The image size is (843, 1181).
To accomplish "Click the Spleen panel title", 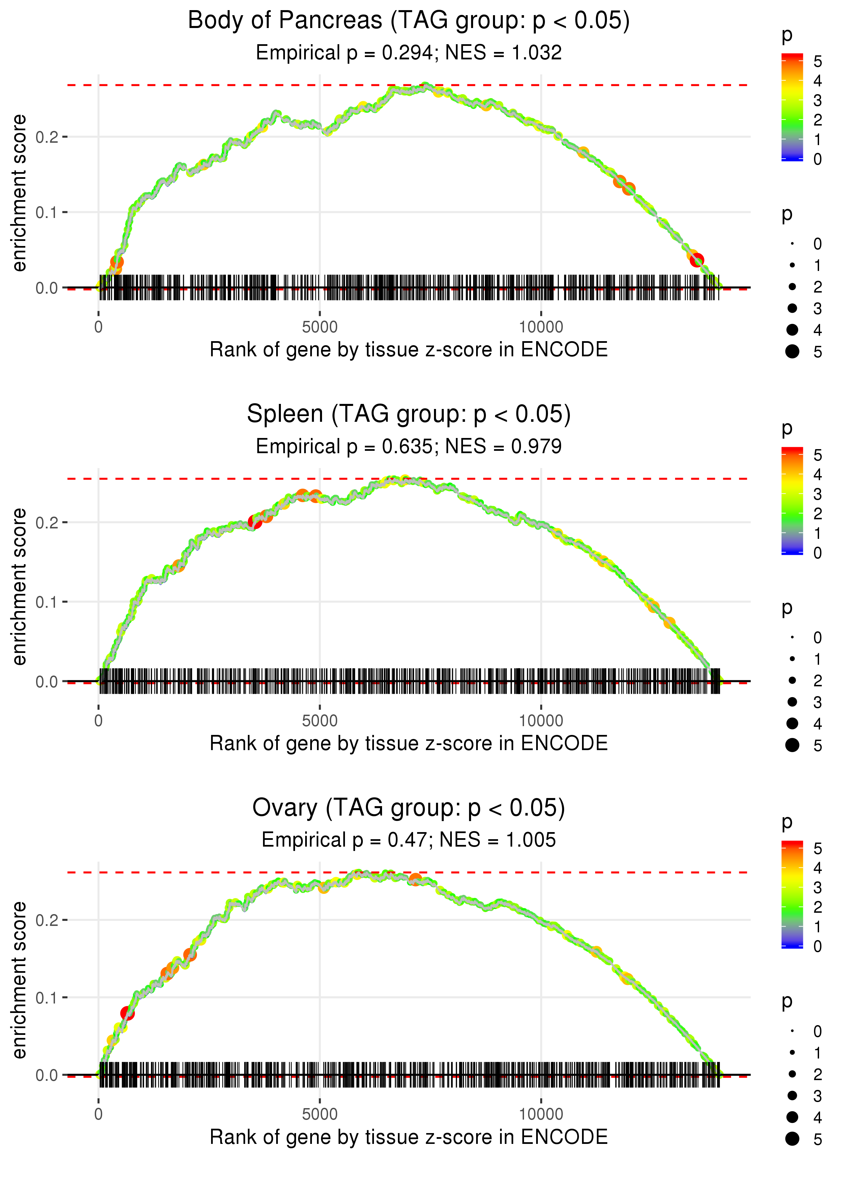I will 409,414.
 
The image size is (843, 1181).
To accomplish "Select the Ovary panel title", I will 409,808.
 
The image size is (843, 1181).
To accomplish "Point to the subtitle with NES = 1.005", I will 409,840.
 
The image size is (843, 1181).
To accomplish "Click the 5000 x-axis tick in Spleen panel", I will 320,721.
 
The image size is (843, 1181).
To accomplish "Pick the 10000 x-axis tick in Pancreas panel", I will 541,327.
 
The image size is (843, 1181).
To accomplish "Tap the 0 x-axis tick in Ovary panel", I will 98,1115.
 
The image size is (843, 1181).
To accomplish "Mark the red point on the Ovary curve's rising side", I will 127,1013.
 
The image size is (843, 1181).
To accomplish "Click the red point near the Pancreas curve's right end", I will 697,260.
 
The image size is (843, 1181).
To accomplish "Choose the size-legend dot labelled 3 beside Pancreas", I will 792,308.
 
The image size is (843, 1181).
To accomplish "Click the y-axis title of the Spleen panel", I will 19,587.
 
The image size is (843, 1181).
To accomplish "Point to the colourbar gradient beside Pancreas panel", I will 792,107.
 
